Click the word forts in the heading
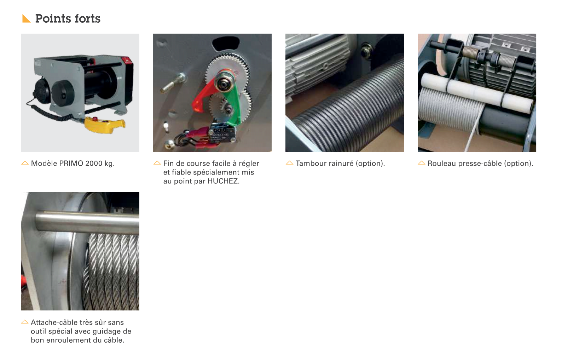click(87, 18)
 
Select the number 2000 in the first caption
click(94, 164)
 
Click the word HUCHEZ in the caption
click(223, 181)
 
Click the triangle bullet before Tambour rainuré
click(289, 163)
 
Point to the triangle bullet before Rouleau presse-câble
click(422, 163)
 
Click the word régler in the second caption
click(249, 164)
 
